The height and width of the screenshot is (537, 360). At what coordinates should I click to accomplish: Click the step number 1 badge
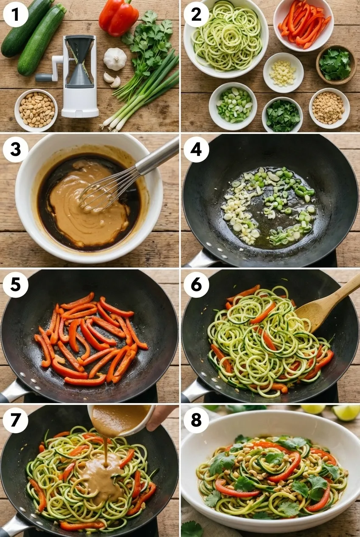(16, 14)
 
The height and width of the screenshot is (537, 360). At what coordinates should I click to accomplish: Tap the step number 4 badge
(197, 150)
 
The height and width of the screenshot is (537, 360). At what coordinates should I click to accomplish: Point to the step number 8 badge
(197, 421)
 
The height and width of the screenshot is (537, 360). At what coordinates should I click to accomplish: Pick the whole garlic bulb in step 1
(115, 59)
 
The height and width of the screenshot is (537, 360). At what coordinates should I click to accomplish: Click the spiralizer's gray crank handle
(44, 77)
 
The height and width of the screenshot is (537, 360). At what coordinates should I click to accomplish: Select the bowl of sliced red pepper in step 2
(304, 25)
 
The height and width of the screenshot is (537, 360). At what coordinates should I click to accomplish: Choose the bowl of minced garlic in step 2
(283, 73)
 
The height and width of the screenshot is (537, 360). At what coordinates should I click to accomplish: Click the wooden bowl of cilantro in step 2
(336, 65)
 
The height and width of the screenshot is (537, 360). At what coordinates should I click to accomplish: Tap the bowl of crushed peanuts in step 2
(329, 108)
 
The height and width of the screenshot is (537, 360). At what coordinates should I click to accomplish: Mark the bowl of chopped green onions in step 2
(233, 106)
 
